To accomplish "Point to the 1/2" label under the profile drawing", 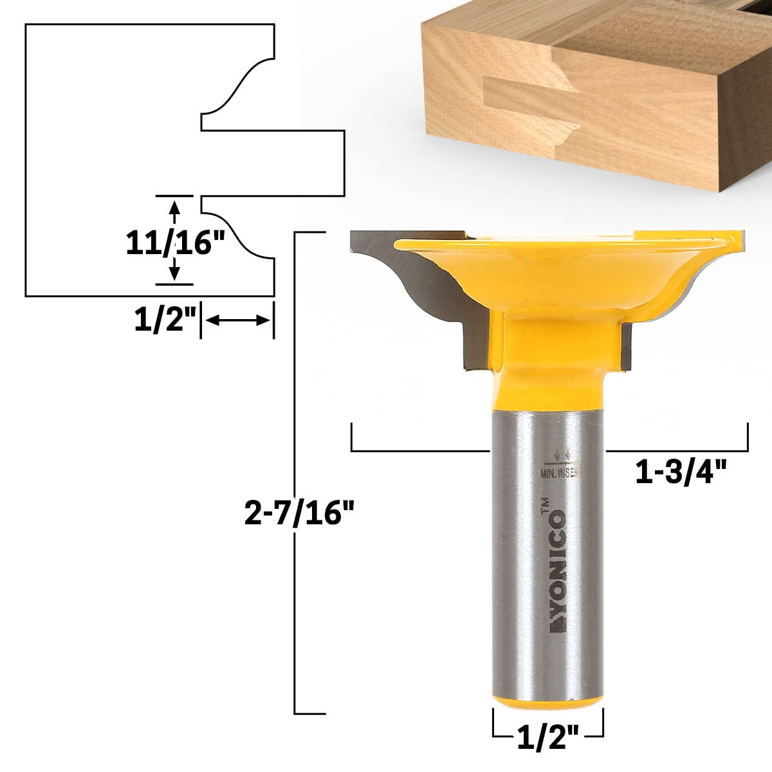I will [x=163, y=320].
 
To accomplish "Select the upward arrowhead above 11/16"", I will [x=174, y=208].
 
